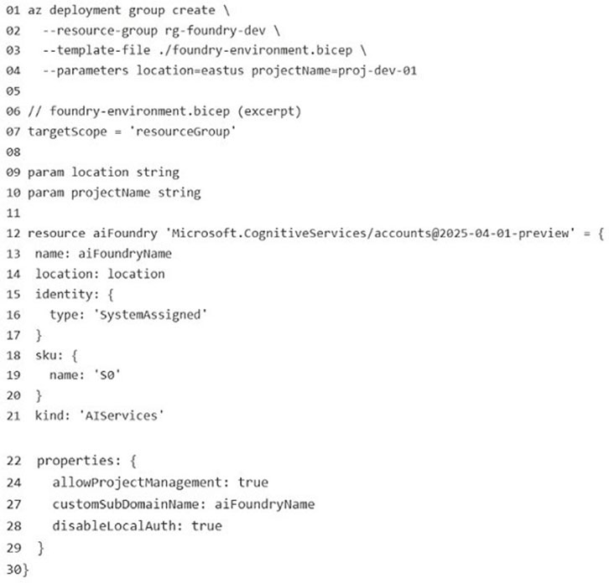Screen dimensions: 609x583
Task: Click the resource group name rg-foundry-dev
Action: point(216,31)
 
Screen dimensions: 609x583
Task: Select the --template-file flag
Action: point(96,50)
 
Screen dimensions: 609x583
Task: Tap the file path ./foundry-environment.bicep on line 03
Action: point(255,50)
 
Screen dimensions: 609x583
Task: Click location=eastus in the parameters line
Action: point(190,70)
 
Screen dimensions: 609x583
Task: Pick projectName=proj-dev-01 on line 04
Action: point(334,71)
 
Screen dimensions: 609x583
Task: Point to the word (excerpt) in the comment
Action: point(269,111)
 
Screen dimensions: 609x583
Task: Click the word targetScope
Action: point(67,132)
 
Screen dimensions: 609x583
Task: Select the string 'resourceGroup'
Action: point(182,132)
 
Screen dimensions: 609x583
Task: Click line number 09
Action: point(13,173)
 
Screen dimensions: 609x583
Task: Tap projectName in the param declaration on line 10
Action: point(111,193)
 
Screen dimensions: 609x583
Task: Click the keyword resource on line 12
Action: point(56,233)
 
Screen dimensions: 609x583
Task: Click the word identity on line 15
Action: point(64,294)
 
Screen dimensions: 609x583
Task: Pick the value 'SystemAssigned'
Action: point(150,315)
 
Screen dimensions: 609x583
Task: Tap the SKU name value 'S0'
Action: point(107,375)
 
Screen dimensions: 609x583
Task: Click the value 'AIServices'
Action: point(122,415)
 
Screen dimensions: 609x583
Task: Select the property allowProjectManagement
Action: point(137,483)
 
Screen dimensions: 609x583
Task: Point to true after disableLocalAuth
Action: point(206,526)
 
